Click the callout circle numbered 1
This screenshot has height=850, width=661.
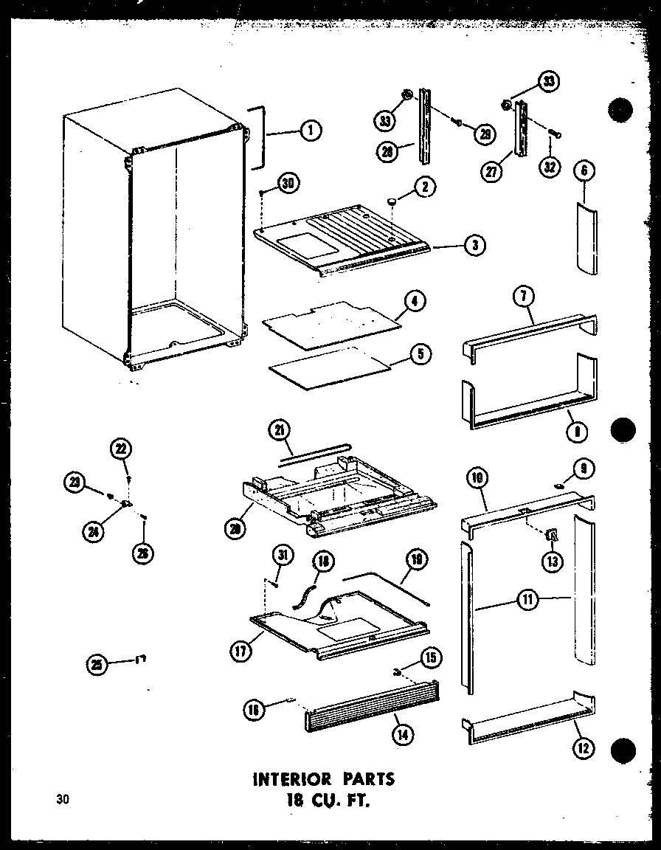pos(311,131)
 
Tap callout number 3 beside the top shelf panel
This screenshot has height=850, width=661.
pos(476,246)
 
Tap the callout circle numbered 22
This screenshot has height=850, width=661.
pos(120,449)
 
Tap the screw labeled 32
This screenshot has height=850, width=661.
pos(556,134)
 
